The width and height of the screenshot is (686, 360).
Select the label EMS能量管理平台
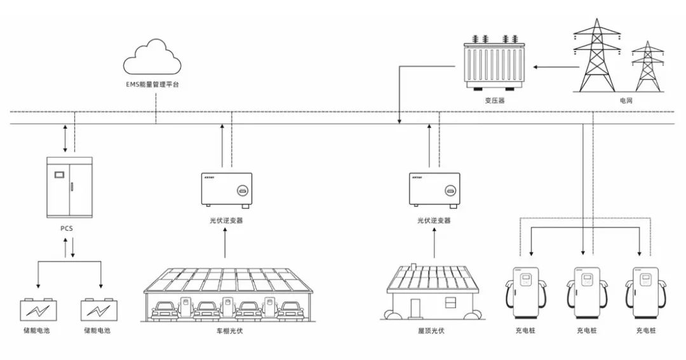[152, 84]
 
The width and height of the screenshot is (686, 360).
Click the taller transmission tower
[596, 56]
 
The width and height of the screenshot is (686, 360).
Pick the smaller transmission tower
[647, 67]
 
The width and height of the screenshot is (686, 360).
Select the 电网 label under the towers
[626, 101]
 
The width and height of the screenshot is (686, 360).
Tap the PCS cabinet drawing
[70, 187]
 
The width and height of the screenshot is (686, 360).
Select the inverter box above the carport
[227, 189]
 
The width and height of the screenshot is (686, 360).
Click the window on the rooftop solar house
[452, 301]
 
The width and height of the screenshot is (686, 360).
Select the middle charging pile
[585, 293]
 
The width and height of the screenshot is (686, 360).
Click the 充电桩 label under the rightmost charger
[645, 331]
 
